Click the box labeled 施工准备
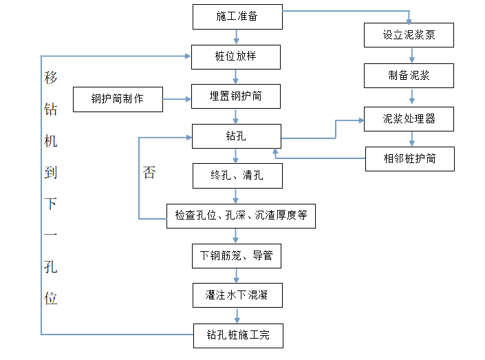tap(237, 17)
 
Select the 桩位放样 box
tap(236, 57)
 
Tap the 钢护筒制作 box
tap(118, 99)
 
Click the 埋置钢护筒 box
tap(236, 96)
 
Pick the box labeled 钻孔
tap(237, 136)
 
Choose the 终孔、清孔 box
tap(237, 176)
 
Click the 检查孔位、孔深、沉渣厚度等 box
tap(241, 216)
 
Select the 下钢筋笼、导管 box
tap(237, 256)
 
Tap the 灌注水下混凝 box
tap(237, 295)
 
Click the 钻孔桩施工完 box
tap(238, 336)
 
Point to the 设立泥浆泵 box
tap(409, 35)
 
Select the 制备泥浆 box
tap(409, 76)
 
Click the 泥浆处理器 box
tap(409, 119)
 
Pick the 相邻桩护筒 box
tap(410, 159)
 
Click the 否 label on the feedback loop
tap(149, 172)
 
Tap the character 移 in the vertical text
tap(51, 77)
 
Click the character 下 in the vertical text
tap(51, 204)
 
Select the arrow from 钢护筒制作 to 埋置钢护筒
tap(177, 99)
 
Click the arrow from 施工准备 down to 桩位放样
tap(237, 37)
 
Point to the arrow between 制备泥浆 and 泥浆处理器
tap(411, 96)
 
